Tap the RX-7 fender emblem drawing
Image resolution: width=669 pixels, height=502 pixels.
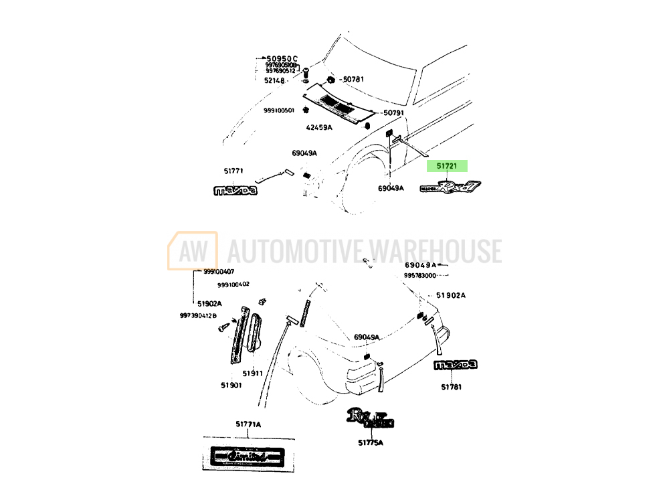pos(450,188)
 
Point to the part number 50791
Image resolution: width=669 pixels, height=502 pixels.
pos(393,112)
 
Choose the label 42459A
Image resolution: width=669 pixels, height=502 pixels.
pos(319,127)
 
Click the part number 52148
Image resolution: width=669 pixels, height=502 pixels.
pos(274,80)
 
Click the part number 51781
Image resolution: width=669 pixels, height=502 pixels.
pos(452,387)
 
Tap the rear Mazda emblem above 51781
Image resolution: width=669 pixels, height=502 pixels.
pos(455,365)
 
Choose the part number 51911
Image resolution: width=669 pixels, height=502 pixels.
pos(252,373)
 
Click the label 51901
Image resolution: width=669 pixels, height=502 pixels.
pos(231,386)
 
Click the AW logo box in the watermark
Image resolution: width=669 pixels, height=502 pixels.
pos(193,251)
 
